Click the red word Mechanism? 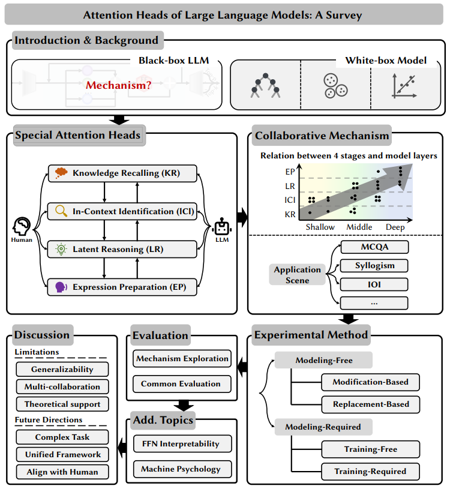[x=119, y=85]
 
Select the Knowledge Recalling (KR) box [x=122, y=173]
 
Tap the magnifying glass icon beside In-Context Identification [x=61, y=211]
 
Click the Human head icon [x=22, y=226]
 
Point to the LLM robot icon [x=222, y=227]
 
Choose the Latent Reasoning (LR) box [x=122, y=249]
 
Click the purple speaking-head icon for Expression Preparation [x=61, y=287]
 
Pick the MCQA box [x=374, y=247]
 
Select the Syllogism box [x=374, y=266]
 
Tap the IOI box [x=374, y=284]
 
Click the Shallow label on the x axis [x=320, y=227]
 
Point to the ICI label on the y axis [x=290, y=200]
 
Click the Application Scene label [x=297, y=275]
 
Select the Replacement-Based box [x=371, y=404]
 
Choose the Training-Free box [x=371, y=449]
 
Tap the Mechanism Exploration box [x=182, y=359]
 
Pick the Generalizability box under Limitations [x=62, y=370]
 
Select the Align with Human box [x=62, y=472]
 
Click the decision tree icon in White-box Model [x=265, y=85]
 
